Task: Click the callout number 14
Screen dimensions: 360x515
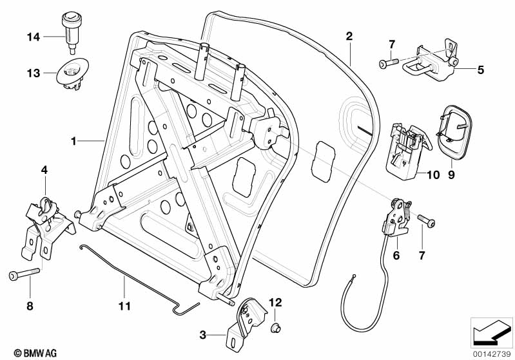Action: point(34,37)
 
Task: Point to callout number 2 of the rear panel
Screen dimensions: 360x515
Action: point(349,36)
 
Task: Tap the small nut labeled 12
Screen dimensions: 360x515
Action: point(274,328)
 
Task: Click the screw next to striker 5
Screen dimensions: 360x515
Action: point(386,64)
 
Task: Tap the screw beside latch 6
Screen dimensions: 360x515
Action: point(426,222)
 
